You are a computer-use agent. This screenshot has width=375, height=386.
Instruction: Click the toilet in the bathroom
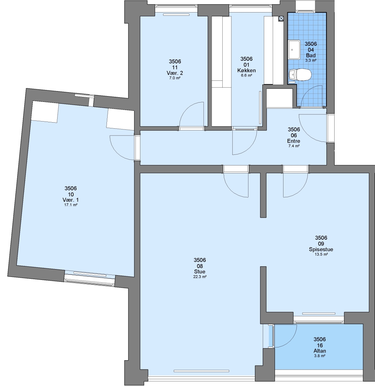coord(300,75)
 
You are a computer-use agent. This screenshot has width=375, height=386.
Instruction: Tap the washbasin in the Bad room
coord(294,50)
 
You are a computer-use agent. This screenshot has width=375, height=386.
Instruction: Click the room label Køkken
coord(246,70)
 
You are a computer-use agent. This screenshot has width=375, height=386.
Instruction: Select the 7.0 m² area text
coord(175,78)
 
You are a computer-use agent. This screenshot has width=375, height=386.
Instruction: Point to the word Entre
coord(293,141)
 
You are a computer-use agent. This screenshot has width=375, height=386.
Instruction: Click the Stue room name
coord(200,272)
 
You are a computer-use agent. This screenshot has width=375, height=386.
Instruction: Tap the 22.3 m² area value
coord(200,277)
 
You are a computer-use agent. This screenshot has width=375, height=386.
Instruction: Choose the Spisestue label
coord(321,249)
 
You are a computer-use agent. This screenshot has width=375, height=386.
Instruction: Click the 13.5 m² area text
coord(321,254)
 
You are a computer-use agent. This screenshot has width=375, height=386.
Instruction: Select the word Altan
coord(320,351)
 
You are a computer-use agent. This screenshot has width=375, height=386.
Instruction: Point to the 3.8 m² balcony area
coord(320,356)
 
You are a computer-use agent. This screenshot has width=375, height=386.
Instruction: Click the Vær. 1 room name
coord(71,200)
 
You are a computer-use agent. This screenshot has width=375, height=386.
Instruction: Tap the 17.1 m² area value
coord(71,205)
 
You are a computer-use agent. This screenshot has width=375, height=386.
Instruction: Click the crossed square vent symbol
coord(281,18)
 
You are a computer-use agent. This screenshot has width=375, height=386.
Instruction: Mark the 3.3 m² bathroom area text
coord(311,60)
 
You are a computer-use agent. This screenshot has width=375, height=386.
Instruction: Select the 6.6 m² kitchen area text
coord(246,75)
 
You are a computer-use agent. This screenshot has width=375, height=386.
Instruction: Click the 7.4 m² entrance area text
coord(294,146)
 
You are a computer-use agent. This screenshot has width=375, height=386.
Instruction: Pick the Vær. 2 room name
coord(175,73)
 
